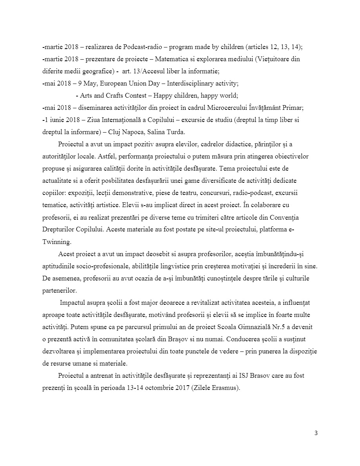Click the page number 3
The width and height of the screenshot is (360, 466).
click(316, 433)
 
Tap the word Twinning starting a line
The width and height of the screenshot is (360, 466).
click(56, 242)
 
